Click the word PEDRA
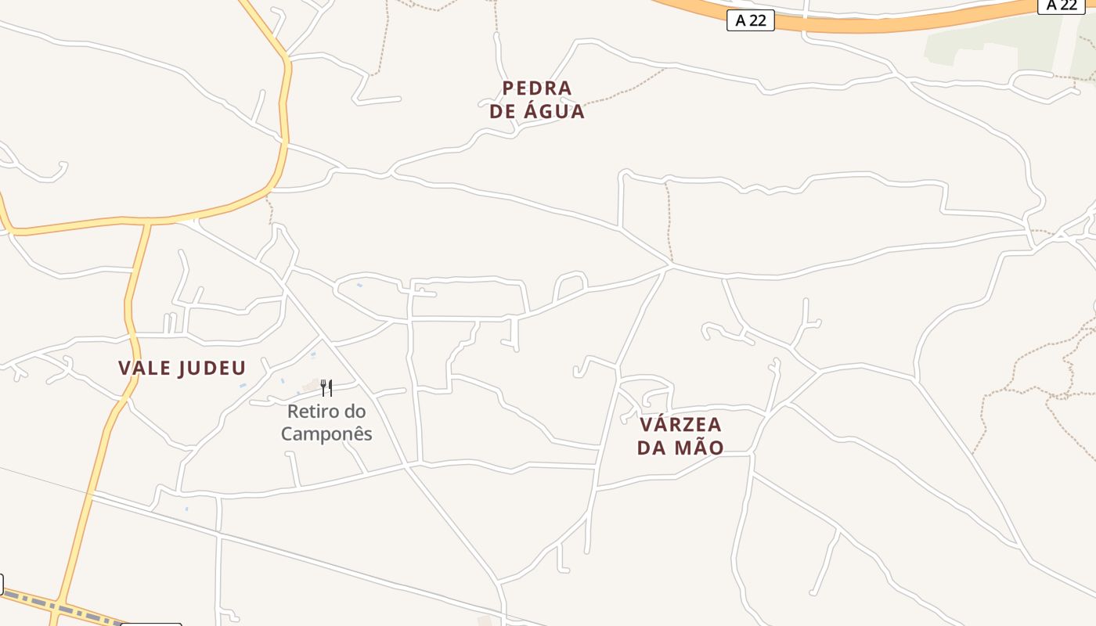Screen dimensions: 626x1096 537,88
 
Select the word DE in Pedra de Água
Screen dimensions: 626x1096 502,111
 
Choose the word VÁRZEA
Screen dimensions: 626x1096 680,425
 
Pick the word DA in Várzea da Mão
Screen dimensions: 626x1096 651,448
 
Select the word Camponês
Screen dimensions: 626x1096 326,434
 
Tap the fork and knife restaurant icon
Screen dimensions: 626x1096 326,387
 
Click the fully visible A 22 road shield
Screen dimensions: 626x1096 750,20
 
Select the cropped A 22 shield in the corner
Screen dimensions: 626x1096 1062,5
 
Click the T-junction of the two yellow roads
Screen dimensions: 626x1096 148,224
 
